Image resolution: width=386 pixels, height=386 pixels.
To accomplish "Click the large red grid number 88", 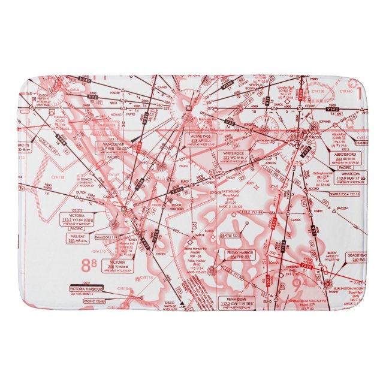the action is coord(89,264).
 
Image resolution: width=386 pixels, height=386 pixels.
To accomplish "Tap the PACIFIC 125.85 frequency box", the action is coord(91,301).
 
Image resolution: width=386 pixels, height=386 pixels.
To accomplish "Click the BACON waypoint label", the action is coord(342,208).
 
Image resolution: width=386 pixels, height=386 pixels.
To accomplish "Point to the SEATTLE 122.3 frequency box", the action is coord(213,236).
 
